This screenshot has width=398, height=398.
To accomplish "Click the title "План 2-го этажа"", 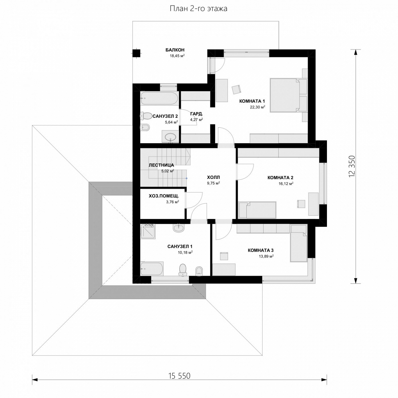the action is pyautogui.click(x=198, y=9).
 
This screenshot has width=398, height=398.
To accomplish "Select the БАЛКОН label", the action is pyautogui.click(x=175, y=50).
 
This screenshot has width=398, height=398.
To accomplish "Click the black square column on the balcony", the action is pyautogui.click(x=136, y=53).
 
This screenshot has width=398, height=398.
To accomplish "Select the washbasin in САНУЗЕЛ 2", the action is pyautogui.click(x=170, y=137).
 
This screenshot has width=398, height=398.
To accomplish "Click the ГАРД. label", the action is pyautogui.click(x=197, y=114).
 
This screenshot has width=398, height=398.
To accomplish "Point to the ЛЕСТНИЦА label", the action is pyautogui.click(x=161, y=165).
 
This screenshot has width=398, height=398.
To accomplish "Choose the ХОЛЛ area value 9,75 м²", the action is pyautogui.click(x=213, y=183).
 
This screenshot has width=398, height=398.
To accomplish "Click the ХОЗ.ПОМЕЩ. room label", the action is pyautogui.click(x=164, y=196).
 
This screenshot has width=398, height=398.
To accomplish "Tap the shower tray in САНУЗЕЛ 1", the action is pyautogui.click(x=148, y=231).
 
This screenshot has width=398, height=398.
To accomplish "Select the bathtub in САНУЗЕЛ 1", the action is pyautogui.click(x=152, y=269).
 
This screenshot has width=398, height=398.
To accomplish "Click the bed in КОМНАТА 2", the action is pyautogui.click(x=257, y=210).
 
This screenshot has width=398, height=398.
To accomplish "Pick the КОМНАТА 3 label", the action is pyautogui.click(x=261, y=250).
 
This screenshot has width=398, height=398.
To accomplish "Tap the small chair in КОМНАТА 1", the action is pyautogui.click(x=236, y=90).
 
